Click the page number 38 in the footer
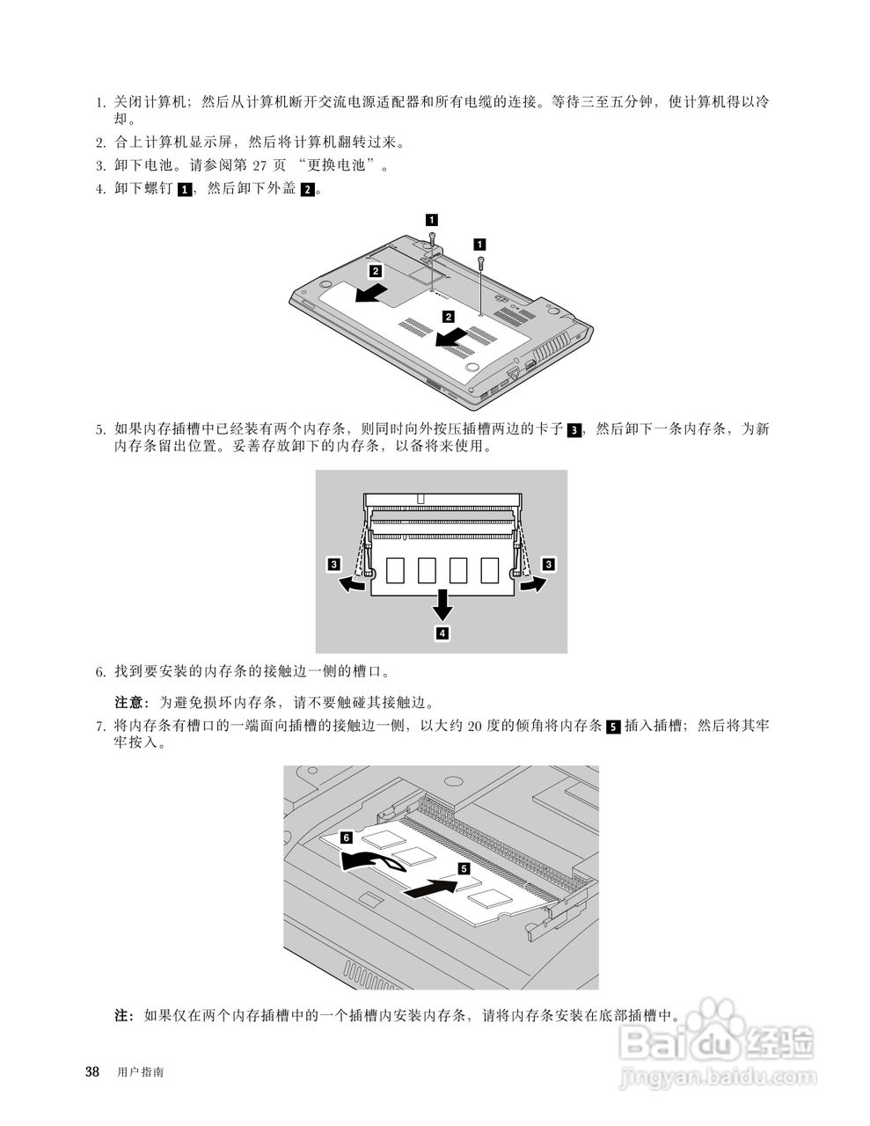click(91, 1071)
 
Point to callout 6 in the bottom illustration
click(346, 837)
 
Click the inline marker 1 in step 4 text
click(184, 189)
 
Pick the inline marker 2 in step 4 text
click(307, 189)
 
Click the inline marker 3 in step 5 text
click(574, 430)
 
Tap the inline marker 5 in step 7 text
click(613, 727)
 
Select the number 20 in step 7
click(475, 727)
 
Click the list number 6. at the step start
click(101, 672)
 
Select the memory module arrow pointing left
click(353, 583)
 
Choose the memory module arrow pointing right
click(530, 583)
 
